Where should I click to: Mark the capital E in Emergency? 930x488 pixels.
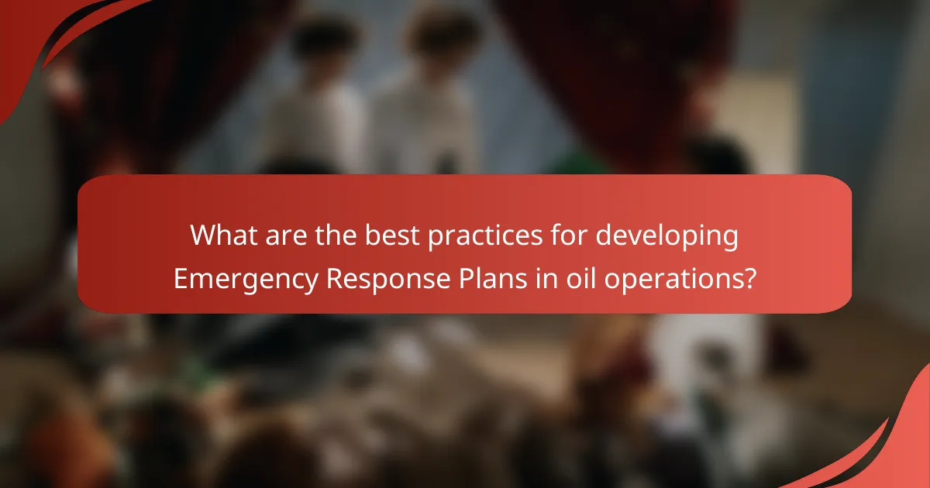(180, 277)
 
